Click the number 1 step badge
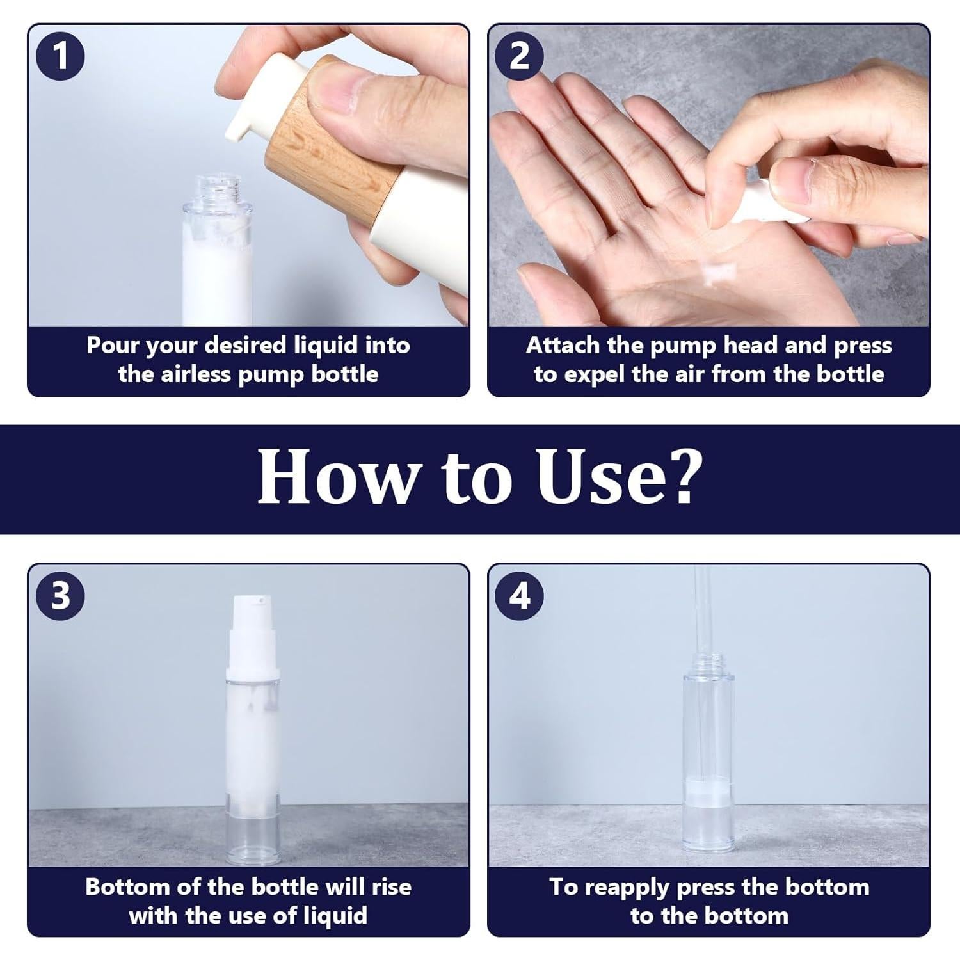tap(60, 56)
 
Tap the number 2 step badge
tap(520, 56)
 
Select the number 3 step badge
tap(60, 596)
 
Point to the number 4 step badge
tap(520, 596)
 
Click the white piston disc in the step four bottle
tap(708, 794)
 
